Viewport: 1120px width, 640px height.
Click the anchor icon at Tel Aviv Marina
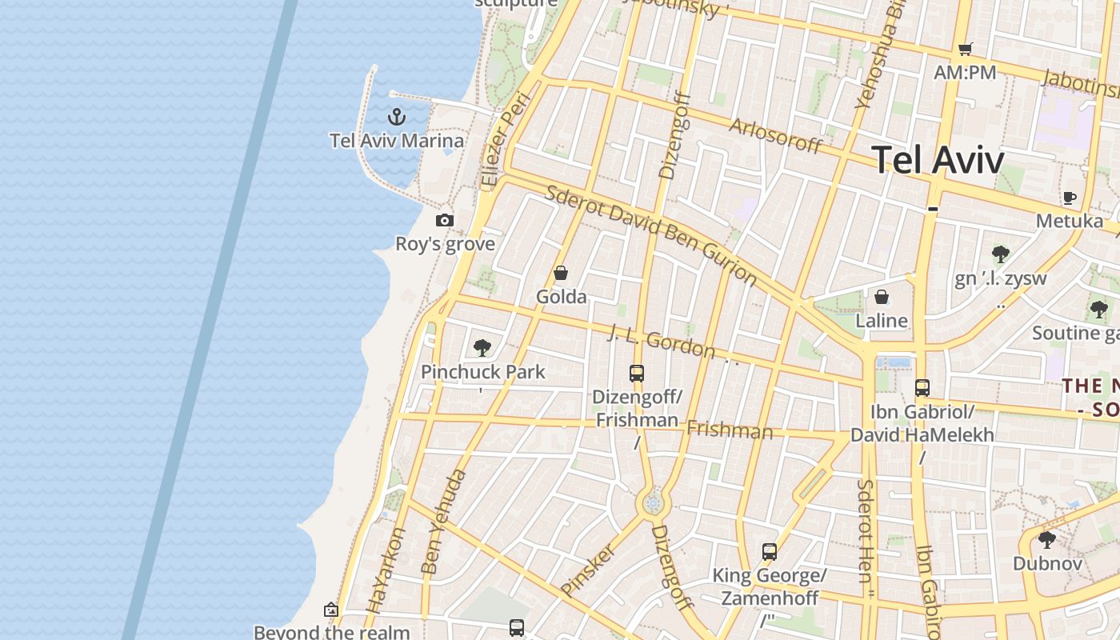tap(396, 118)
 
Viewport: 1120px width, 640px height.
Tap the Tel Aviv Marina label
tap(397, 141)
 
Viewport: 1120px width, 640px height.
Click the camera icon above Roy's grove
tap(445, 220)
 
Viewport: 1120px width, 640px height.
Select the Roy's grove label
tap(445, 244)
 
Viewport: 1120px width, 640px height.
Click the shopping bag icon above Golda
tap(561, 274)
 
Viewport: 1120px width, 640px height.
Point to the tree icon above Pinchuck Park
tap(482, 347)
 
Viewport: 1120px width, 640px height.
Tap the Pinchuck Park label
tap(483, 372)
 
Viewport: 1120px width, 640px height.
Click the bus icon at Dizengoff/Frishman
tap(637, 373)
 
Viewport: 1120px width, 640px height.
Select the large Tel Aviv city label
tap(937, 160)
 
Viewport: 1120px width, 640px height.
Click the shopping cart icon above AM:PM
tap(966, 50)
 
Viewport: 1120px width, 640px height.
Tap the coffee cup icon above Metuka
tap(1070, 198)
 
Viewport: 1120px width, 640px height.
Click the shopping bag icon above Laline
tap(882, 298)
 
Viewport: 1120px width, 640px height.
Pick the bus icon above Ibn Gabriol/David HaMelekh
tap(922, 388)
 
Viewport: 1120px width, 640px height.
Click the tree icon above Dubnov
tap(1046, 540)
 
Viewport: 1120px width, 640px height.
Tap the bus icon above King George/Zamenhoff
tap(770, 551)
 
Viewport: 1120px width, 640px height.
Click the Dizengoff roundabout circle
tap(654, 504)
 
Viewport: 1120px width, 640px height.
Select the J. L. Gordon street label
tap(662, 342)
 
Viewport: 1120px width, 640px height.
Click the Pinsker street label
tap(589, 570)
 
